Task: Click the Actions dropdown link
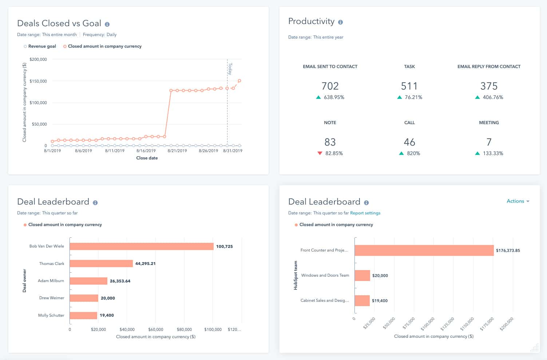[x=518, y=201]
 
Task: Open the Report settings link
[x=365, y=213]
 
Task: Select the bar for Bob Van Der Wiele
[x=141, y=246]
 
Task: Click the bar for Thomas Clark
[x=101, y=264]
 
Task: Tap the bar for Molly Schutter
[x=83, y=315]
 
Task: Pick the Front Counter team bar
[x=424, y=250]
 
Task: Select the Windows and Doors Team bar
[x=362, y=276]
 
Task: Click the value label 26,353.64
[x=120, y=281]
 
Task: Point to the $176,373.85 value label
[x=508, y=250]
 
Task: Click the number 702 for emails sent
[x=330, y=86]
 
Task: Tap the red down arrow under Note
[x=320, y=153]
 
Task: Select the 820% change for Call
[x=413, y=153]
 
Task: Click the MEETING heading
[x=489, y=123]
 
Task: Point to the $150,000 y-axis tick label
[x=38, y=81]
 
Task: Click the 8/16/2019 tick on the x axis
[x=146, y=151]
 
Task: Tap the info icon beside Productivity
[x=340, y=22]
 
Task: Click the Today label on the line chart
[x=230, y=68]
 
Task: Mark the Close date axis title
[x=147, y=158]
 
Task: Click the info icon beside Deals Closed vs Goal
[x=107, y=24]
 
